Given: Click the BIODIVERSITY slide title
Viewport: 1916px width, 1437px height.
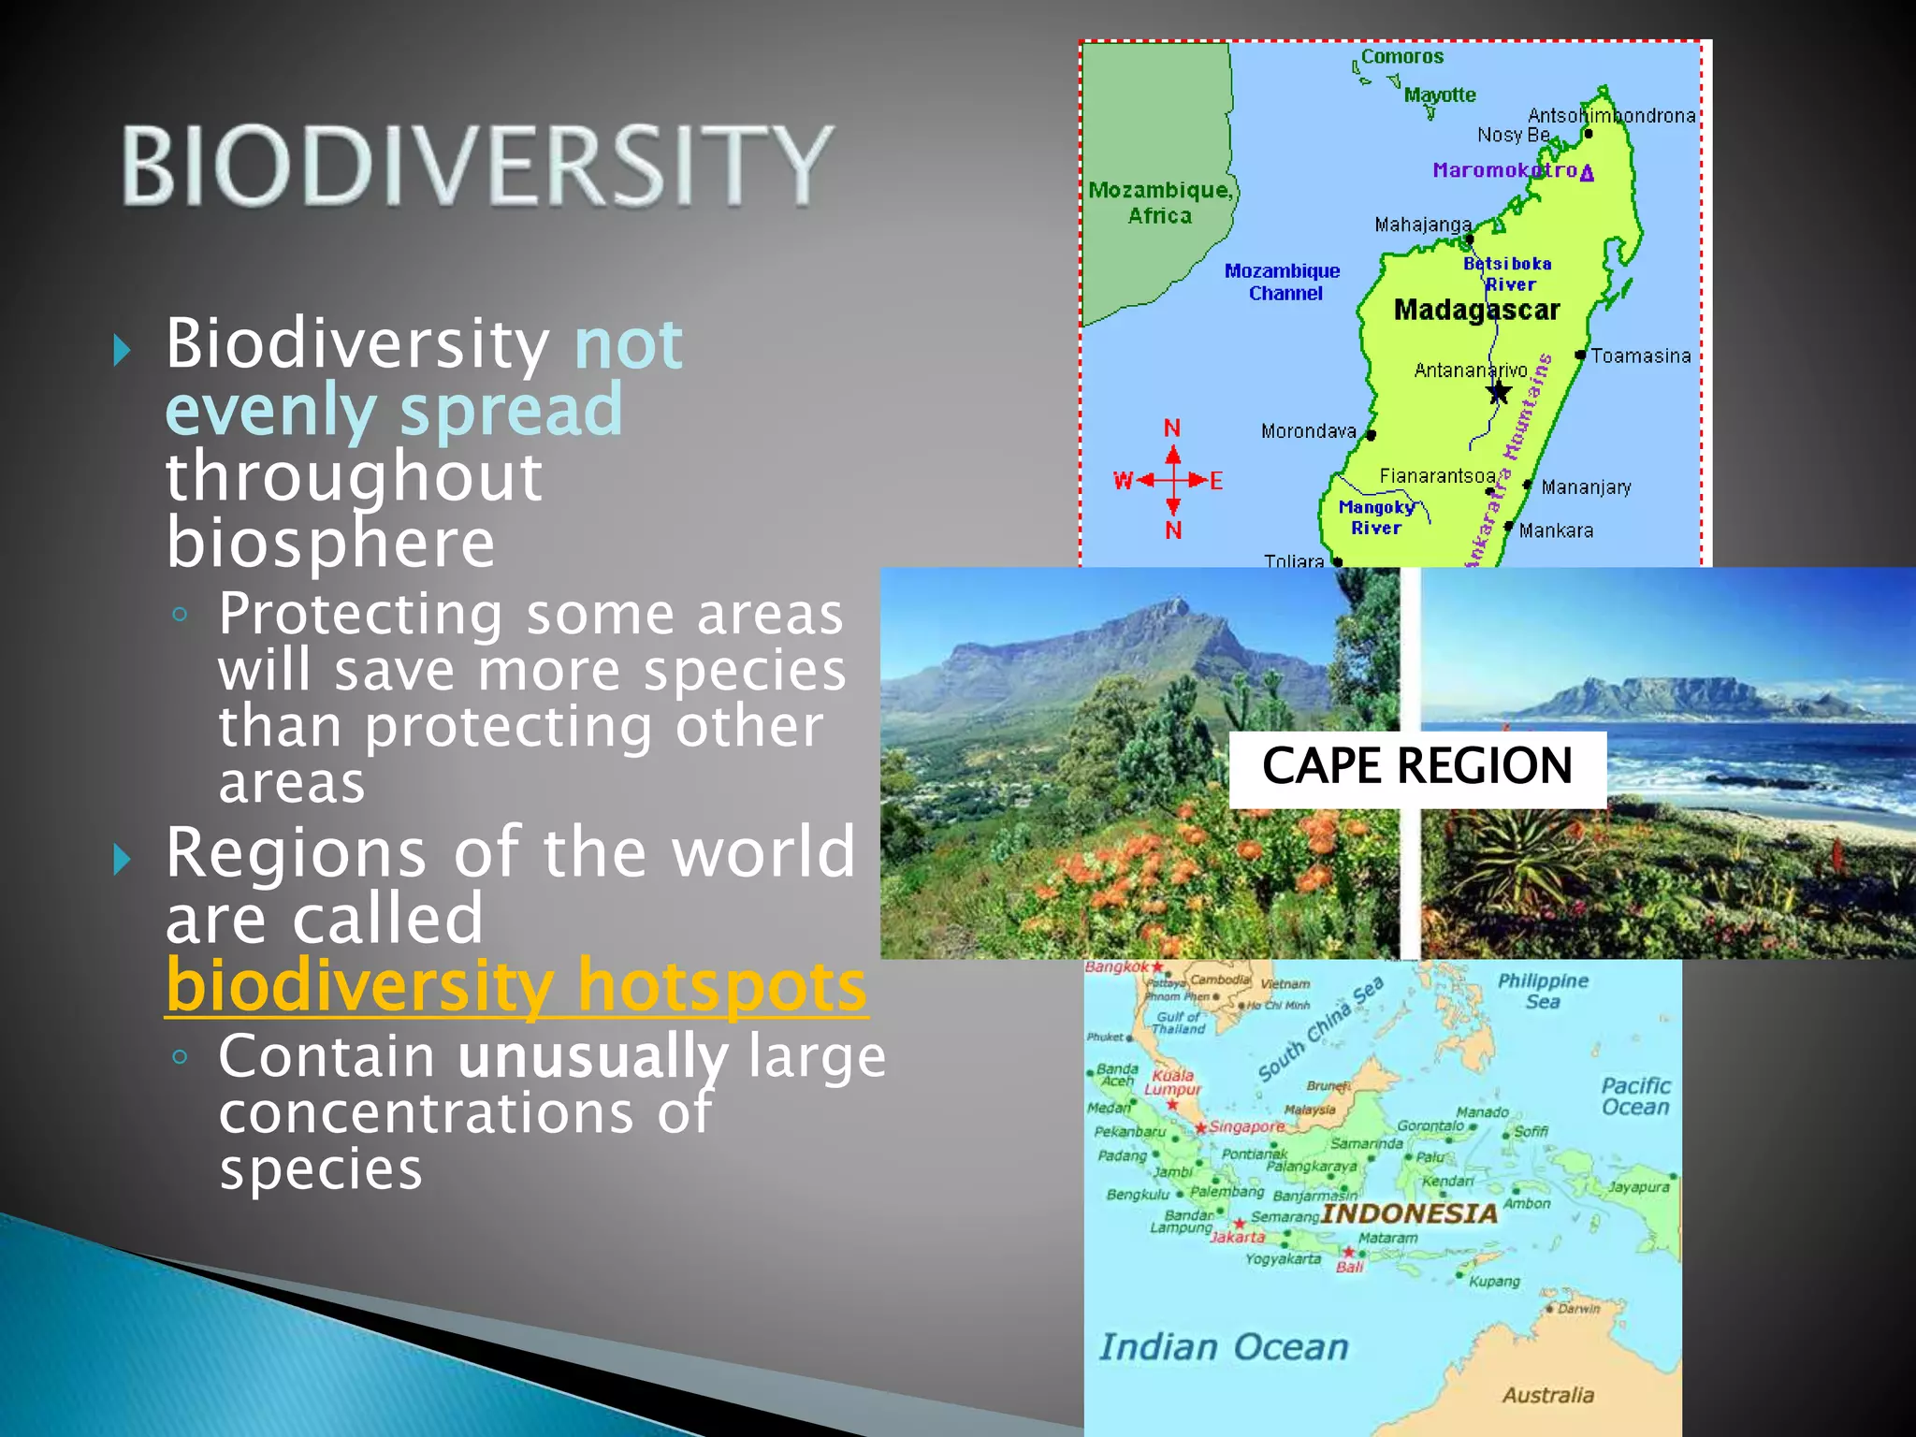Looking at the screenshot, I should (x=477, y=166).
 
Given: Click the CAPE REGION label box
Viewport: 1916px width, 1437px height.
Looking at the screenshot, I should (x=1416, y=767).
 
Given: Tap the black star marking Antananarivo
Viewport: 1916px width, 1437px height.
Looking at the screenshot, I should (x=1499, y=392).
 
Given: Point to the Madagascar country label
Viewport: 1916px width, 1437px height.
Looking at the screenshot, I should (x=1476, y=310).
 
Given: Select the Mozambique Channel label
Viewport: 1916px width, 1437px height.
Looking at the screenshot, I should (x=1283, y=282).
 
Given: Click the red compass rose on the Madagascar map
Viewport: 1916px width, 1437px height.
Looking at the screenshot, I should (x=1171, y=480).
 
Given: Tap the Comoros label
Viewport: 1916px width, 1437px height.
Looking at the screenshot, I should (x=1401, y=57).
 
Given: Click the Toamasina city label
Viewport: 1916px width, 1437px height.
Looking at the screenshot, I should (x=1640, y=356).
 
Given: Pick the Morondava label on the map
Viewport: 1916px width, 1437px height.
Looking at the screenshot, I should (x=1308, y=431).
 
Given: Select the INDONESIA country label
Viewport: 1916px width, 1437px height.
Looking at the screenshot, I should (x=1409, y=1213).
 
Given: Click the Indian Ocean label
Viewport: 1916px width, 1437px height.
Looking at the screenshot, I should (x=1224, y=1347).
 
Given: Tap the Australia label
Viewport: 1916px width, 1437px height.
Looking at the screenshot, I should (x=1547, y=1395).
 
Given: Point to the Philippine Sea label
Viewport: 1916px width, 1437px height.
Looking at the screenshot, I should (x=1543, y=991).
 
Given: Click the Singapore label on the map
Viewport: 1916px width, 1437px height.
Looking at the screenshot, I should (x=1246, y=1126).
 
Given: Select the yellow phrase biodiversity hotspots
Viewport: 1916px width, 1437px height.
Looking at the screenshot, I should (x=516, y=985).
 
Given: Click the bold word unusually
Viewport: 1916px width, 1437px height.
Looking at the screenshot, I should (x=592, y=1056).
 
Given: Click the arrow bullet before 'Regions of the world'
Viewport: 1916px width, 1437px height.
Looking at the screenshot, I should (x=122, y=858).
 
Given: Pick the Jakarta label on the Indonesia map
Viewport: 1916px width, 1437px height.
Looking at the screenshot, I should (x=1238, y=1237).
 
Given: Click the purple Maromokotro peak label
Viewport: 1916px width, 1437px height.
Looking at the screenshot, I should (x=1504, y=170).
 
